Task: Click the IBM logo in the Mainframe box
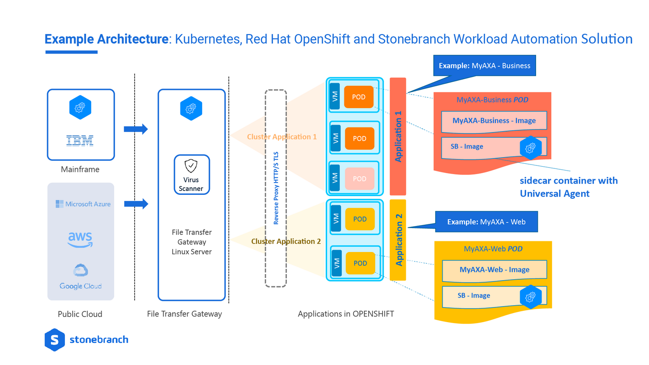[80, 140]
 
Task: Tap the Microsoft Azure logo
[83, 204]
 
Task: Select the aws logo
[80, 239]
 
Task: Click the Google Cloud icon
[80, 271]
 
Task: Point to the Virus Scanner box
[192, 175]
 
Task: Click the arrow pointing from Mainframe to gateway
[135, 129]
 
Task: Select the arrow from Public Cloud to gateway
[136, 204]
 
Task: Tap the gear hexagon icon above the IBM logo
[80, 107]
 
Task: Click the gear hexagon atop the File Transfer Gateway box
[191, 108]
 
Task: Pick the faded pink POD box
[360, 179]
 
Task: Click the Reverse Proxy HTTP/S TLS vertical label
[276, 188]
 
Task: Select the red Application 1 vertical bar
[398, 136]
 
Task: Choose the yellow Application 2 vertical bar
[398, 240]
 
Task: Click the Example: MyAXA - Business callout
[484, 66]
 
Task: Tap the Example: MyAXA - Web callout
[486, 222]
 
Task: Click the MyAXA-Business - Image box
[494, 121]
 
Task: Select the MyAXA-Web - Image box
[494, 270]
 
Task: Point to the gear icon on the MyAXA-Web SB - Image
[530, 297]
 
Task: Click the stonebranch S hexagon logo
[55, 340]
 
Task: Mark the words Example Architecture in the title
[106, 39]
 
